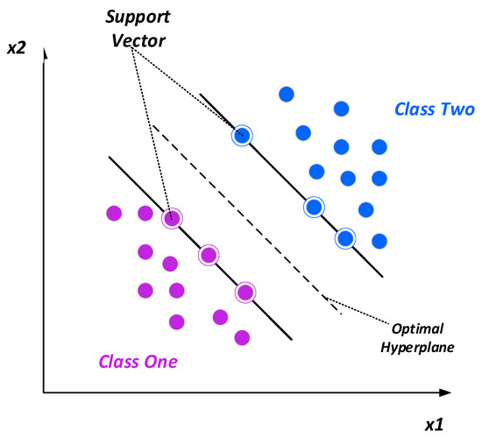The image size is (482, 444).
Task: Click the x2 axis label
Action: click(18, 51)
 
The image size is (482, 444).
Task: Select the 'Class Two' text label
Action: click(435, 110)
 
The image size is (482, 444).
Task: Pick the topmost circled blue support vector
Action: click(242, 135)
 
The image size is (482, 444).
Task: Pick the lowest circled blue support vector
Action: click(346, 238)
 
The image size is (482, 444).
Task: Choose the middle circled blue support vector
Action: click(313, 208)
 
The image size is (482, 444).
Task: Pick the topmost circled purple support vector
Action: click(172, 218)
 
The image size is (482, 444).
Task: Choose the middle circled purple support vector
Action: click(208, 255)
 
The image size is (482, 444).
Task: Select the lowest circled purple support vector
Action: click(245, 292)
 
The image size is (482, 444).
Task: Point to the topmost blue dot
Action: click(285, 94)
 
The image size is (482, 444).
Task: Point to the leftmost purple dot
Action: click(113, 212)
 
